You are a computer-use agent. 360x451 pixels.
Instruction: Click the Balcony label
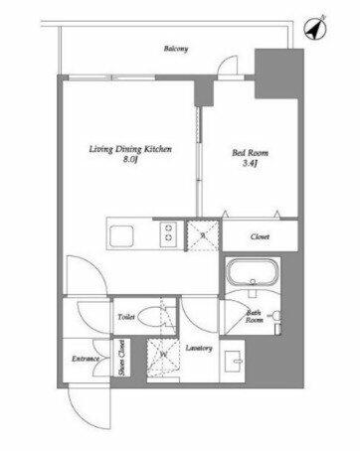(176, 49)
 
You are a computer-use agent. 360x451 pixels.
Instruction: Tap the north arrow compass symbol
(315, 28)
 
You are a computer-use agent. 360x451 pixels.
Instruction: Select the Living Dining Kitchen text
(130, 149)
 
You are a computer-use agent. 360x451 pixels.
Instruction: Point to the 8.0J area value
(130, 160)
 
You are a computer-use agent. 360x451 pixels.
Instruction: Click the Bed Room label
(250, 153)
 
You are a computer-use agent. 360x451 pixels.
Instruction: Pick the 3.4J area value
(251, 163)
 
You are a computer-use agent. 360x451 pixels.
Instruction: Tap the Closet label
(260, 236)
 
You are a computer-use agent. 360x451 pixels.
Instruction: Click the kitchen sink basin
(121, 236)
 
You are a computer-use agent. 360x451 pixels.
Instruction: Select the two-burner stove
(168, 233)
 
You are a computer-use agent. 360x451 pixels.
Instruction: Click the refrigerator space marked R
(203, 235)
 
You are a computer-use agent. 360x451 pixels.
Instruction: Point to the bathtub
(253, 272)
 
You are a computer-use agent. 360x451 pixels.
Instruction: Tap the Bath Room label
(255, 317)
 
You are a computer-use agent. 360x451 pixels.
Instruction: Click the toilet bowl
(151, 317)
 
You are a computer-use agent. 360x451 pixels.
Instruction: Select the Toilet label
(126, 317)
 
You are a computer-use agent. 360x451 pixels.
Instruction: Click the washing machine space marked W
(163, 357)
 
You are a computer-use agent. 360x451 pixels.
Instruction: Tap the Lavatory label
(199, 348)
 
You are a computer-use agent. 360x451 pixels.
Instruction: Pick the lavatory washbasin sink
(234, 361)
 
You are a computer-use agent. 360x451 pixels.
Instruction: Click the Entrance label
(86, 359)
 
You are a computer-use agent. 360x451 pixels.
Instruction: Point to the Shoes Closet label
(121, 358)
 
